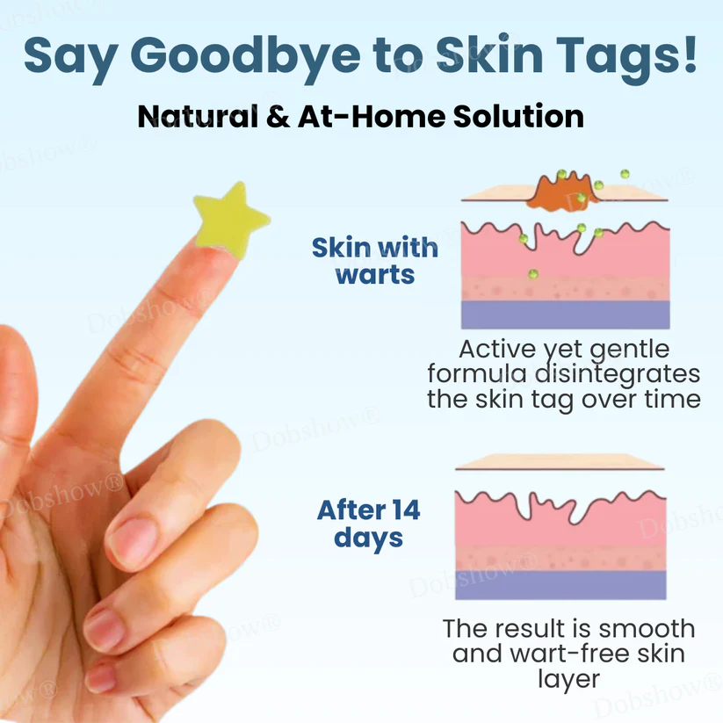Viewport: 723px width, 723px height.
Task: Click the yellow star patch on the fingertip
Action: point(231,215)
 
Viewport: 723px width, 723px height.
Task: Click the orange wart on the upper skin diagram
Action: point(563,189)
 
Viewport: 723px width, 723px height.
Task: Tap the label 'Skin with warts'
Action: point(375,260)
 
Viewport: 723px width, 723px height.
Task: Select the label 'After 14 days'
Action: point(368,523)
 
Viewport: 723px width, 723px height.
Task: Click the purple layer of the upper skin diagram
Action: point(566,315)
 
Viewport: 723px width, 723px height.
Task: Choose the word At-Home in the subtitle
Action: point(348,116)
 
